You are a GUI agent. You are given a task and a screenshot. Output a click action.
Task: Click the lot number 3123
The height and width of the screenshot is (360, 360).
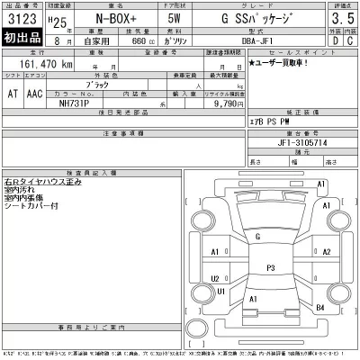(x=21, y=17)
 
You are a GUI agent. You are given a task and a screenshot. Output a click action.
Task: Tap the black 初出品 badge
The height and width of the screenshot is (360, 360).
(x=21, y=40)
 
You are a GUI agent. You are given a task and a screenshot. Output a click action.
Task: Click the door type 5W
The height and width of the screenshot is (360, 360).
(x=175, y=18)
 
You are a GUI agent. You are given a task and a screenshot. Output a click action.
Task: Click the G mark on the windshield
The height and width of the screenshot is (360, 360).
(x=256, y=237)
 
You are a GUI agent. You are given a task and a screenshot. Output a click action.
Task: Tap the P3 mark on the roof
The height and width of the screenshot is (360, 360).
(x=269, y=267)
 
